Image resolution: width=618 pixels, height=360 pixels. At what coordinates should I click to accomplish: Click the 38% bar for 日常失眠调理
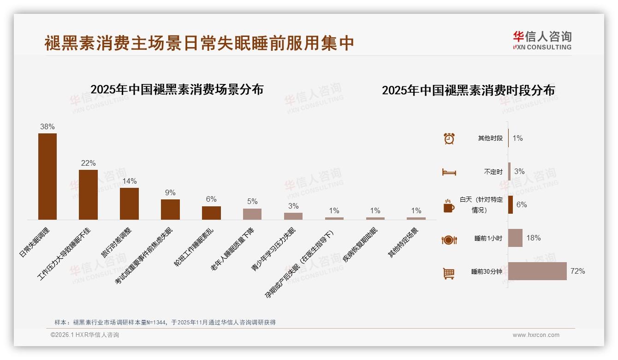pyautogui.click(x=48, y=176)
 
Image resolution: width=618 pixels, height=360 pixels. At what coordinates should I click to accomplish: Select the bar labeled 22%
pyautogui.click(x=88, y=194)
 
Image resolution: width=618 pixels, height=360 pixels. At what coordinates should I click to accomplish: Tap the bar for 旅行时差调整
pyautogui.click(x=129, y=204)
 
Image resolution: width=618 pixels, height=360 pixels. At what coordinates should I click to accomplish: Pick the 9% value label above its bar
pyautogui.click(x=170, y=193)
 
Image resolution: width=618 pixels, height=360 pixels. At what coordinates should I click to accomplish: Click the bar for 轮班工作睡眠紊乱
pyautogui.click(x=211, y=213)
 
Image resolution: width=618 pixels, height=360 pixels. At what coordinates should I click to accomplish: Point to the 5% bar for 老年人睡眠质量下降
pyautogui.click(x=252, y=214)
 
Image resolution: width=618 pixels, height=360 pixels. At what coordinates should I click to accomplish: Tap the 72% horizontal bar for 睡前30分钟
pyautogui.click(x=537, y=271)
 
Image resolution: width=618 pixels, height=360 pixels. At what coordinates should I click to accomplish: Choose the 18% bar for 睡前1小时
pyautogui.click(x=515, y=238)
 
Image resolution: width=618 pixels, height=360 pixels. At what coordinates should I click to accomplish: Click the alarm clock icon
pyautogui.click(x=449, y=138)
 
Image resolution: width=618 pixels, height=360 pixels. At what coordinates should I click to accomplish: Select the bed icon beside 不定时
pyautogui.click(x=449, y=172)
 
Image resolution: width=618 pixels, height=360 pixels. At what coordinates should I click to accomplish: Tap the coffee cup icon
pyautogui.click(x=449, y=206)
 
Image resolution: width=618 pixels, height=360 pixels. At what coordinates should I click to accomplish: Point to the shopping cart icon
pyautogui.click(x=449, y=273)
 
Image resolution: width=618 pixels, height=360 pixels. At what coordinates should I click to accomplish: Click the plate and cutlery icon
pyautogui.click(x=449, y=240)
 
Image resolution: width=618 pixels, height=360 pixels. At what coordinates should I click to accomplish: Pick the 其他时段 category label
pyautogui.click(x=490, y=138)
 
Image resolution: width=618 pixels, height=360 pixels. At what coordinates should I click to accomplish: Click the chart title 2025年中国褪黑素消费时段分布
pyautogui.click(x=468, y=90)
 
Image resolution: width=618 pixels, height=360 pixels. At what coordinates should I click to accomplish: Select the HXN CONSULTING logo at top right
pyautogui.click(x=542, y=41)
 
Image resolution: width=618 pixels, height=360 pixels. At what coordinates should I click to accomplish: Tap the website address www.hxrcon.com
pyautogui.click(x=536, y=335)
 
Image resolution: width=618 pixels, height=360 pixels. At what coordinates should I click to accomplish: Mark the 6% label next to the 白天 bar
pyautogui.click(x=522, y=205)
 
